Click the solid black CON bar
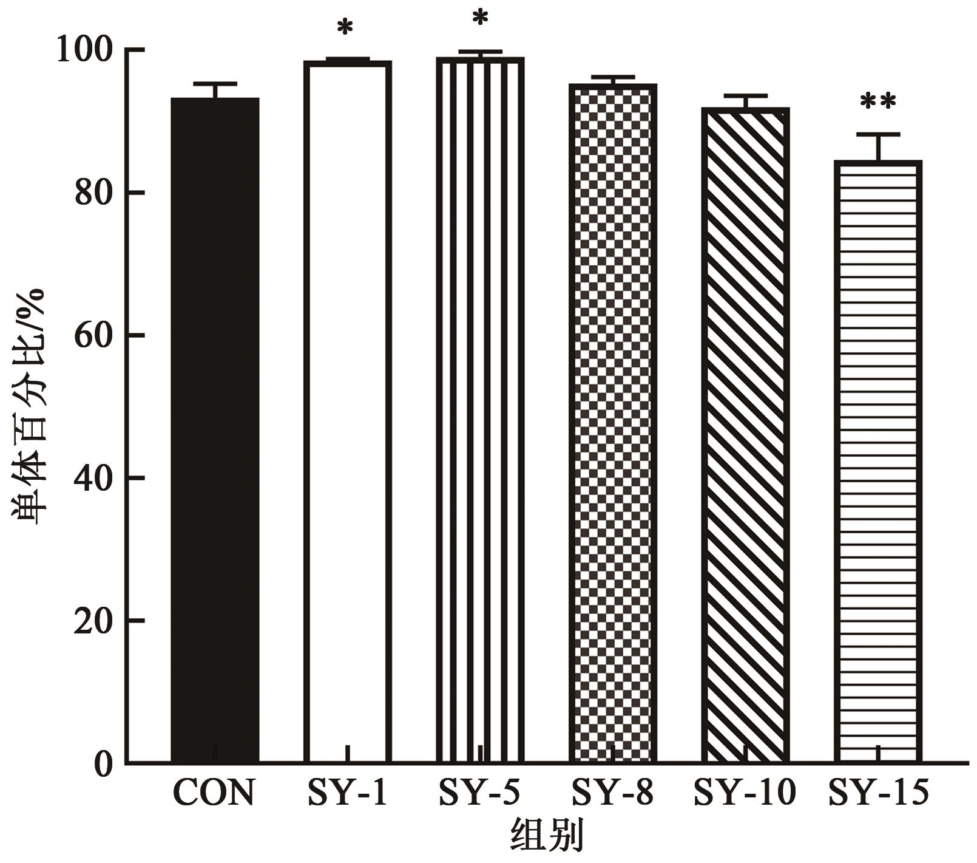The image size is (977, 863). coord(215,425)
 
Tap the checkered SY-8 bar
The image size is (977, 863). coord(613,425)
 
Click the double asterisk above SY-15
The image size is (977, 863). coord(877,103)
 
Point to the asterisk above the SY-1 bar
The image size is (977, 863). coord(345,28)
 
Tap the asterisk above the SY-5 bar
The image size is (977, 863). coord(480,19)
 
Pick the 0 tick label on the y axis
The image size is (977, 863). coord(103,764)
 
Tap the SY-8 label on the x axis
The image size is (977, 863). coord(612,793)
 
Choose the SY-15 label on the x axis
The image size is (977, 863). coord(878,793)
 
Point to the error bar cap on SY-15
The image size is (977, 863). coord(877,134)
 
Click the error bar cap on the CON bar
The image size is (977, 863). coord(215,83)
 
